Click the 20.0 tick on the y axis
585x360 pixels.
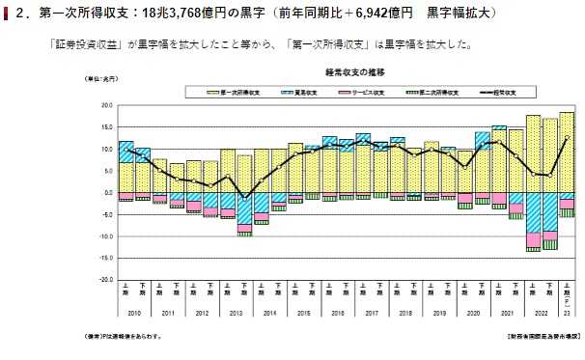(x=105, y=105)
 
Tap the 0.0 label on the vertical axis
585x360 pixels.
(x=107, y=192)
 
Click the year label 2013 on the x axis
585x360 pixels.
(x=236, y=313)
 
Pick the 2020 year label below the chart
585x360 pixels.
(x=472, y=313)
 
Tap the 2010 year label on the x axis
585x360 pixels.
(x=134, y=313)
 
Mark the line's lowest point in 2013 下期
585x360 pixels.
(x=244, y=197)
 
